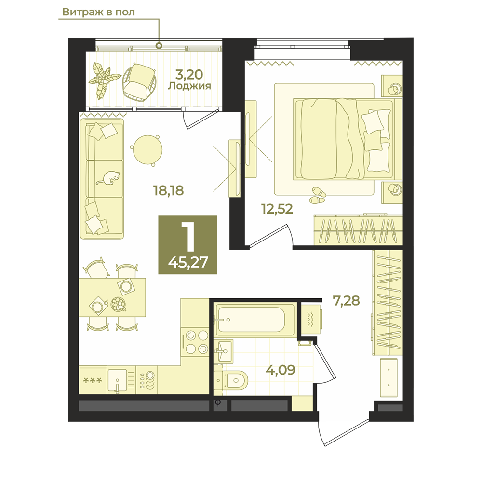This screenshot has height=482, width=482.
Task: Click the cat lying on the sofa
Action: [x=108, y=178]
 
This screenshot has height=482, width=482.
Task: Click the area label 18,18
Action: [x=168, y=190]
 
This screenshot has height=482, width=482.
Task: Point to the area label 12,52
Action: [x=277, y=209]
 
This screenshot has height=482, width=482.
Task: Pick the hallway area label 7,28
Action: [x=347, y=300]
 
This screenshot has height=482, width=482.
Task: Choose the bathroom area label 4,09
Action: [x=281, y=370]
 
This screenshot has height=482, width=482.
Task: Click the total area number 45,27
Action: [x=188, y=263]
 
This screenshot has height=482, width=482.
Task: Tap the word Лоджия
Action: [x=189, y=86]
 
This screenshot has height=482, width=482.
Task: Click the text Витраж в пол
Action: [x=98, y=12]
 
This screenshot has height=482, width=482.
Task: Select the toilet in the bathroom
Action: [x=230, y=380]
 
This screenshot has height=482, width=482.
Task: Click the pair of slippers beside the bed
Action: [x=318, y=196]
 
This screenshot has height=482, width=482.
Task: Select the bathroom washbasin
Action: [x=223, y=351]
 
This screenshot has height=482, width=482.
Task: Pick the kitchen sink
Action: [x=117, y=380]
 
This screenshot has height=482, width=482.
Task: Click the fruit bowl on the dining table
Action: [x=119, y=304]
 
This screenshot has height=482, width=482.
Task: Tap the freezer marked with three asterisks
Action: [x=93, y=380]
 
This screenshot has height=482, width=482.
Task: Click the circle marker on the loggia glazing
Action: [x=159, y=46]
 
